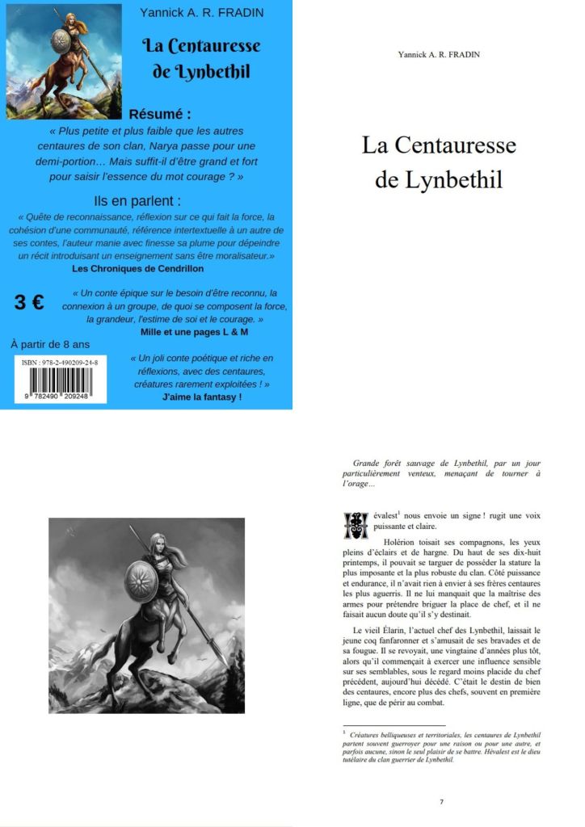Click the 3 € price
(29, 303)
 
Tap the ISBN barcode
(63, 384)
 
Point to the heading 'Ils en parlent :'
(138, 200)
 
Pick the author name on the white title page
(439, 54)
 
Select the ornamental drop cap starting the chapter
(356, 524)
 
